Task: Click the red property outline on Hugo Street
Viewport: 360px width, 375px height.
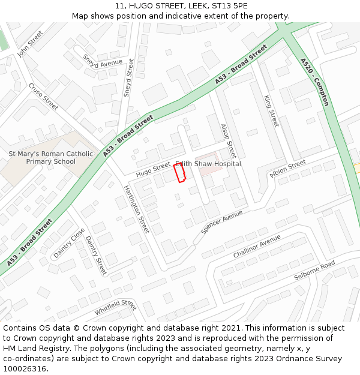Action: pos(179,173)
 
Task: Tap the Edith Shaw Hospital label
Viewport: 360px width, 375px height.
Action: pos(208,164)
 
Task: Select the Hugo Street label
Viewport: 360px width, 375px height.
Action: pos(153,170)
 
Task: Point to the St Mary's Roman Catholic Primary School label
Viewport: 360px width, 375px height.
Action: pos(51,157)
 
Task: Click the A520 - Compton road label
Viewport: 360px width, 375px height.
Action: pos(315,82)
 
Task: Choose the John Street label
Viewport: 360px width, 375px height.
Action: pos(30,44)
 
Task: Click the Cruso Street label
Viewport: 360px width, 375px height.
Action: pos(43,97)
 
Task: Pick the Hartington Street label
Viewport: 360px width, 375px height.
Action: pos(136,209)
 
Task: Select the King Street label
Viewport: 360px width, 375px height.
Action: pos(272,110)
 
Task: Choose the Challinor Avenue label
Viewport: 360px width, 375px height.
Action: pos(257,246)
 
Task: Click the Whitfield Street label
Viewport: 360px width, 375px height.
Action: pos(115,308)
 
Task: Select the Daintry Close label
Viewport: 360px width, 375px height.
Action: pos(69,243)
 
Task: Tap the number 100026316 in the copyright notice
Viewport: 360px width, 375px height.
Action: pos(25,368)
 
